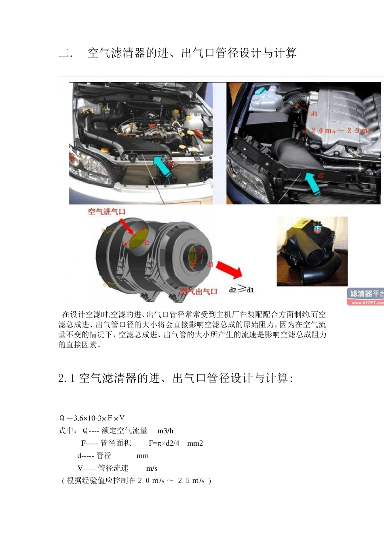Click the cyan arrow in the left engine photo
pyautogui.click(x=163, y=168)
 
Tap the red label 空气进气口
pyautogui.click(x=107, y=212)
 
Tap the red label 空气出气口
pyautogui.click(x=198, y=291)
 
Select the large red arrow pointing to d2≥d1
pyautogui.click(x=229, y=270)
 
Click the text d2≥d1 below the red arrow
pyautogui.click(x=241, y=289)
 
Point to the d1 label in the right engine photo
pyautogui.click(x=314, y=114)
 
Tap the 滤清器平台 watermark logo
pyautogui.click(x=365, y=296)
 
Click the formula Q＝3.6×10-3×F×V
pyautogui.click(x=92, y=418)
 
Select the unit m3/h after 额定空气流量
pyautogui.click(x=165, y=431)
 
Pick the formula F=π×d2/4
pyautogui.click(x=164, y=443)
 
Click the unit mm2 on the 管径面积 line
pyautogui.click(x=195, y=443)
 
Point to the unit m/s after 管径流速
pyautogui.click(x=152, y=468)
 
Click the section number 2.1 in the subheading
pyautogui.click(x=66, y=378)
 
